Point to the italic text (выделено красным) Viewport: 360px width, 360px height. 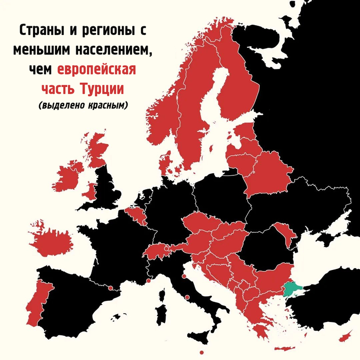click(x=82, y=105)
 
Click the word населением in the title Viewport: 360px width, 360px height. click(x=115, y=50)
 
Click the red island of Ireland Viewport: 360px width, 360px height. click(x=69, y=178)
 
